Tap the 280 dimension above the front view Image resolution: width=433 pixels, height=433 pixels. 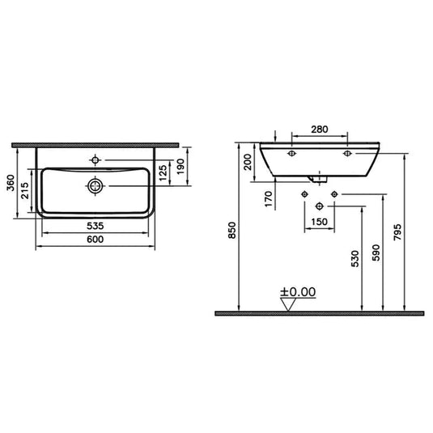[x=319, y=128]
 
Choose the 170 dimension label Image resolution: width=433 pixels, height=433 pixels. [x=268, y=199]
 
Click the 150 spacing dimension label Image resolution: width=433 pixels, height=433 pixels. [x=319, y=221]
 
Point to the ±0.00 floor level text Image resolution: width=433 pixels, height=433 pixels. [x=298, y=292]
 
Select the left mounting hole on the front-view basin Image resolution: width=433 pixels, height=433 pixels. [x=291, y=152]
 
